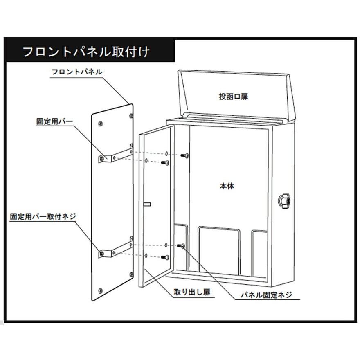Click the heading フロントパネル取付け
pos(86,52)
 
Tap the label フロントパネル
pos(77,72)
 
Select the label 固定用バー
pos(55,122)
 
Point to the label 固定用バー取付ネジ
pos(43,216)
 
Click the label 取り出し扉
pos(192,292)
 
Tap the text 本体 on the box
pos(227,186)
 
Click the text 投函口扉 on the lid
pos(234,97)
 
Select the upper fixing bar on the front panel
pos(116,155)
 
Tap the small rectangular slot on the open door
pos(147,204)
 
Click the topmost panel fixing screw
pos(185,156)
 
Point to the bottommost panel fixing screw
pos(165,258)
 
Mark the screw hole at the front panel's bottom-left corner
pos(100,291)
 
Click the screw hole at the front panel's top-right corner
pos(131,116)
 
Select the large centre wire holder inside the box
pos(219,250)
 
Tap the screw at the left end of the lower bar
pos(102,254)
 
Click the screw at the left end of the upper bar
pos(102,158)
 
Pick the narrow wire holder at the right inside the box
pos(259,253)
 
